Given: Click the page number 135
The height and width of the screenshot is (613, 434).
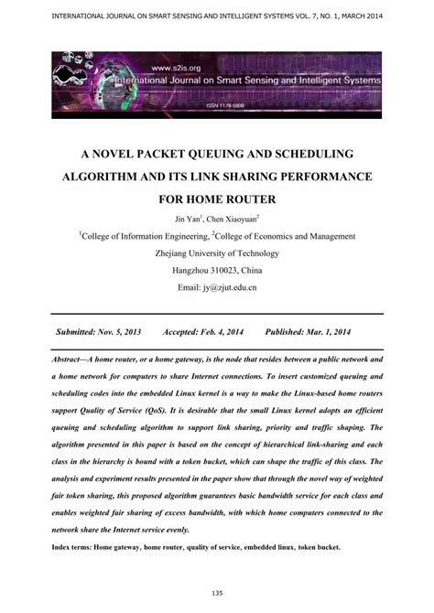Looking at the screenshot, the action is pyautogui.click(x=217, y=592).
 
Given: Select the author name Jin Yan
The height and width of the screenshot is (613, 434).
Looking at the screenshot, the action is pyautogui.click(x=190, y=220).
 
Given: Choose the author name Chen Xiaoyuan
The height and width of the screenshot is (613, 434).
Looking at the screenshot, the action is pyautogui.click(x=232, y=220).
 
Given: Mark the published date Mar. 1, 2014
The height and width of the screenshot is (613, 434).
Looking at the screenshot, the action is pyautogui.click(x=333, y=330).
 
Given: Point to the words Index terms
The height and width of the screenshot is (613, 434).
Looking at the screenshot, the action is pyautogui.click(x=79, y=546).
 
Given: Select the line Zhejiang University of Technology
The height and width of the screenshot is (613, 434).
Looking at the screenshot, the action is pyautogui.click(x=217, y=253).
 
